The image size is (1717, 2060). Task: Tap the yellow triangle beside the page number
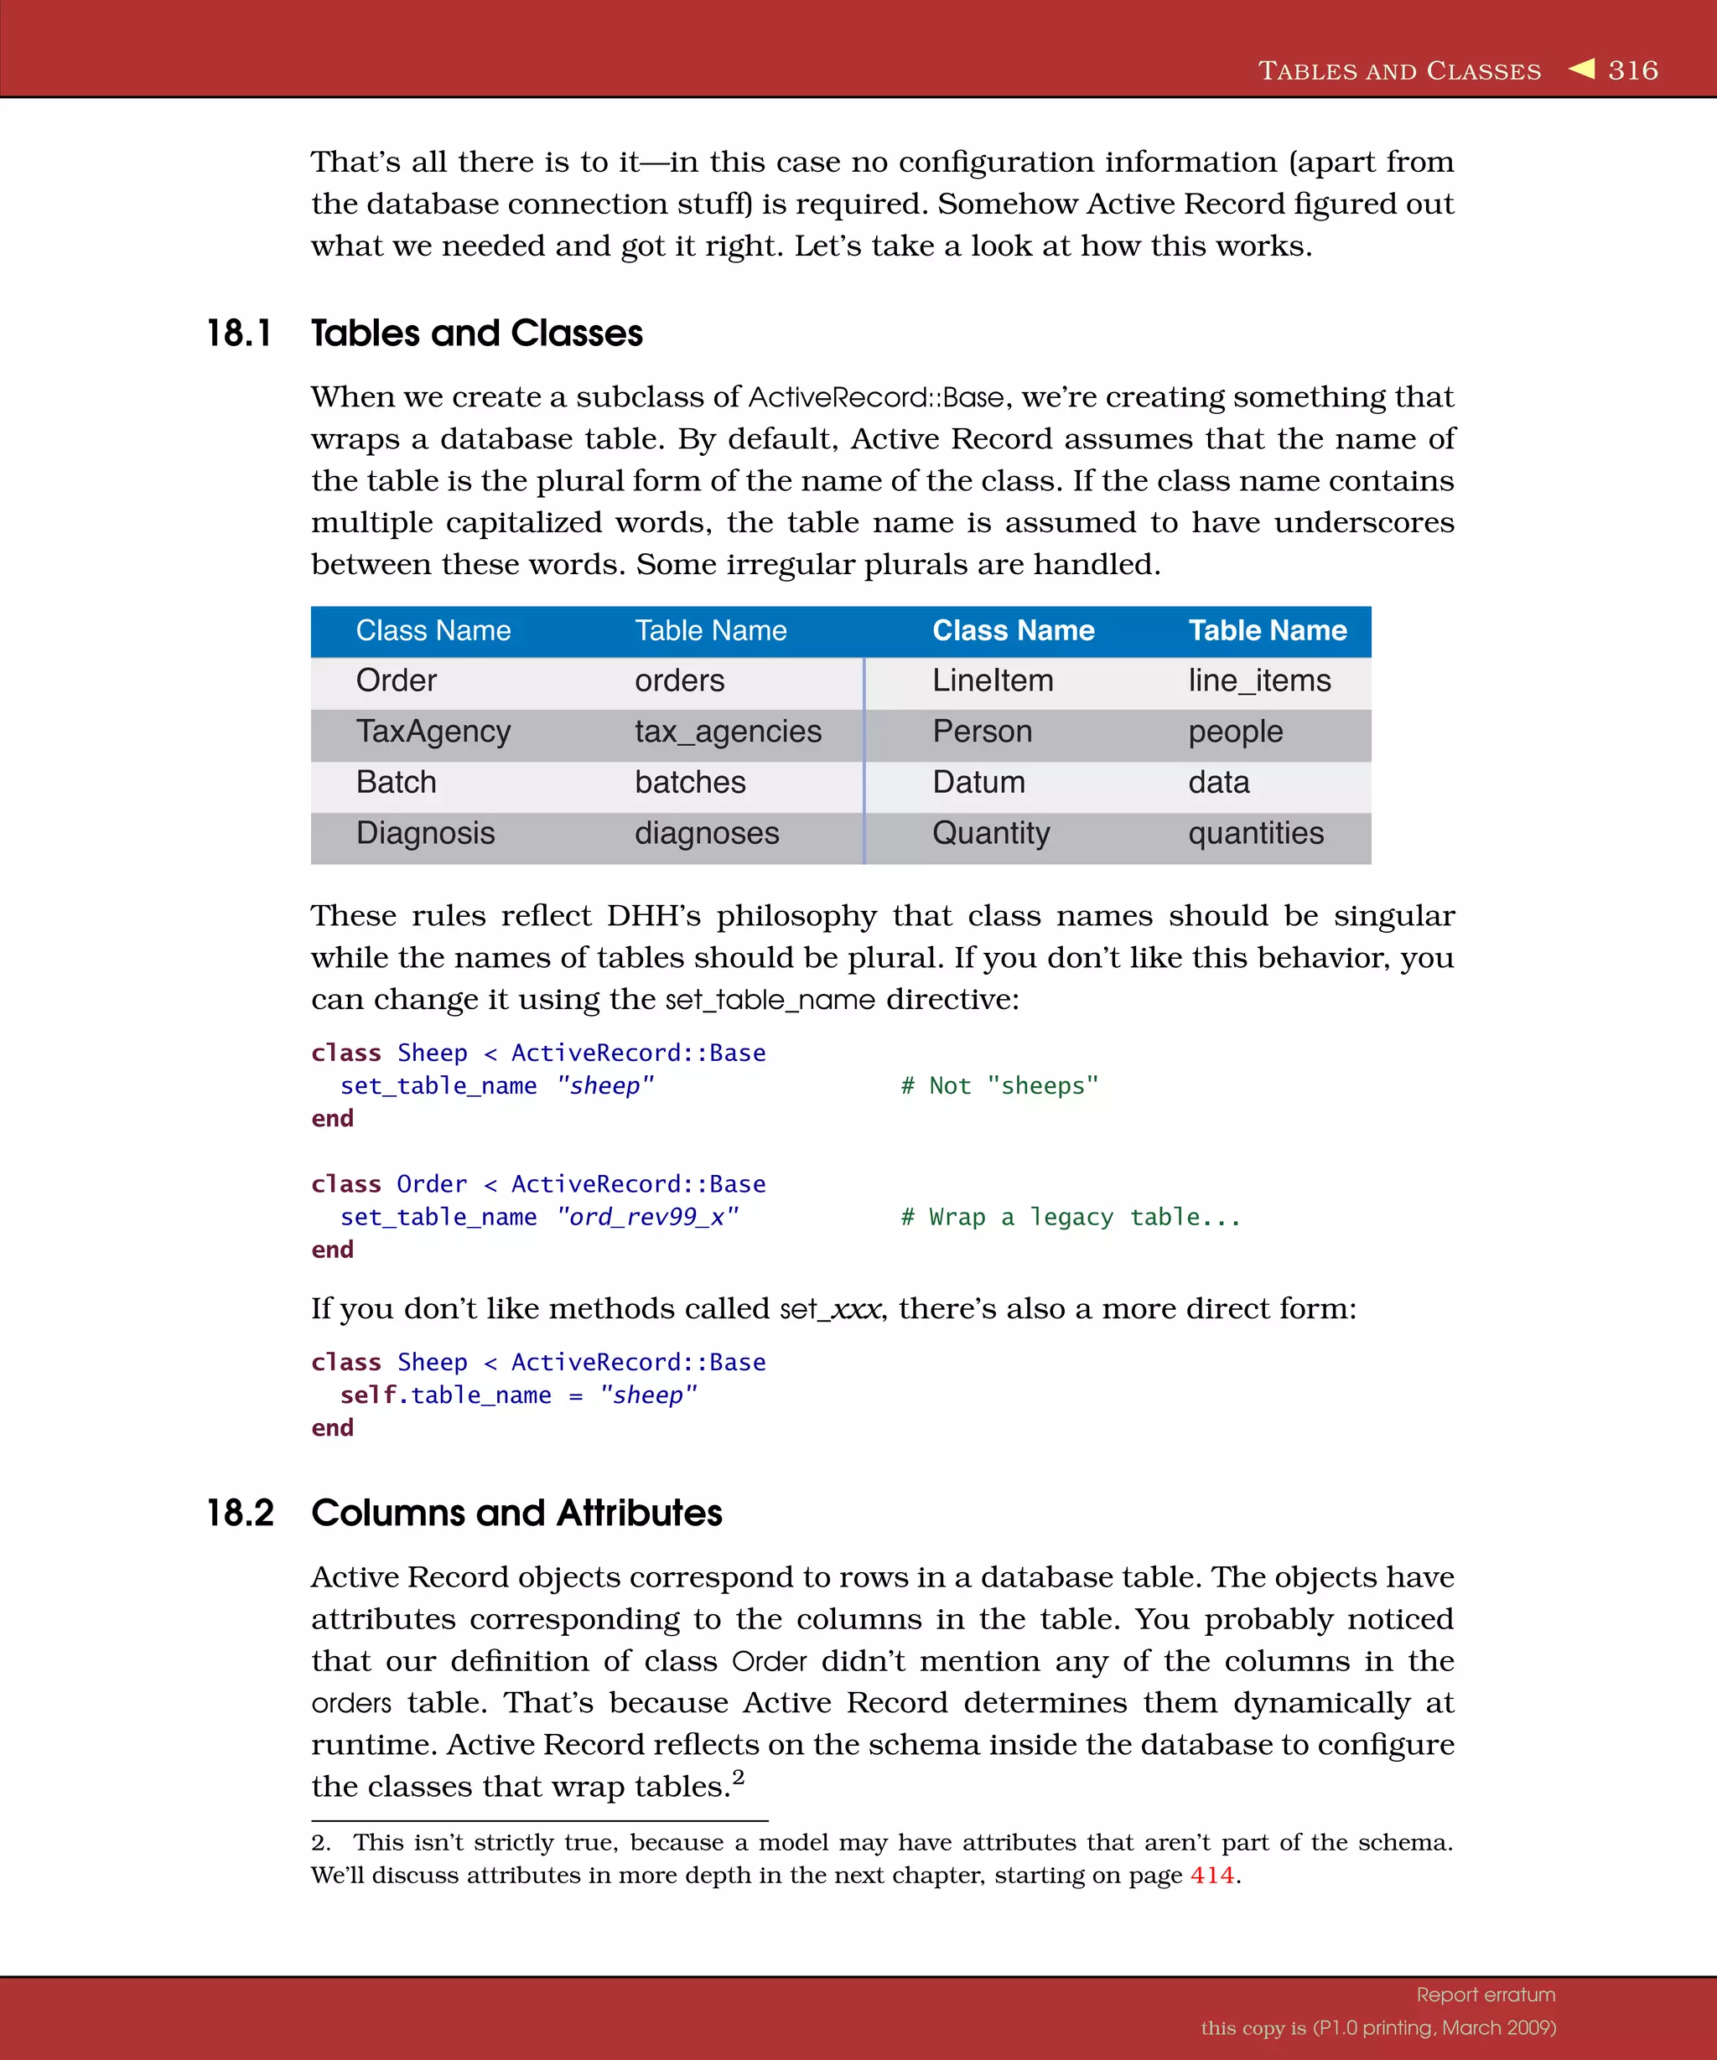coord(1582,68)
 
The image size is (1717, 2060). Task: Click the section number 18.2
coord(241,1512)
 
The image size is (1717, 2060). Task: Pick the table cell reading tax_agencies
coord(727,731)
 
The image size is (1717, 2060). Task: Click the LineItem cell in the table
coord(992,680)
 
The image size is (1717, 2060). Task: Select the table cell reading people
coord(1235,731)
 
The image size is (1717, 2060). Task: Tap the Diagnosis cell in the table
coord(425,833)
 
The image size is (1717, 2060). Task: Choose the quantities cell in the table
coord(1255,833)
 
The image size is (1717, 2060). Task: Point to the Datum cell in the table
coord(978,782)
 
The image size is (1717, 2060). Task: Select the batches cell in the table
coord(690,782)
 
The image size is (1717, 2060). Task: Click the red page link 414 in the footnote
coord(1211,1875)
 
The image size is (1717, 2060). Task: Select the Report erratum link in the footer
coord(1485,1995)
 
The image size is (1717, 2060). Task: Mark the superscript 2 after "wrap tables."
coord(738,1777)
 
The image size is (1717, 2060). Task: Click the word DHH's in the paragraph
coord(653,915)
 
